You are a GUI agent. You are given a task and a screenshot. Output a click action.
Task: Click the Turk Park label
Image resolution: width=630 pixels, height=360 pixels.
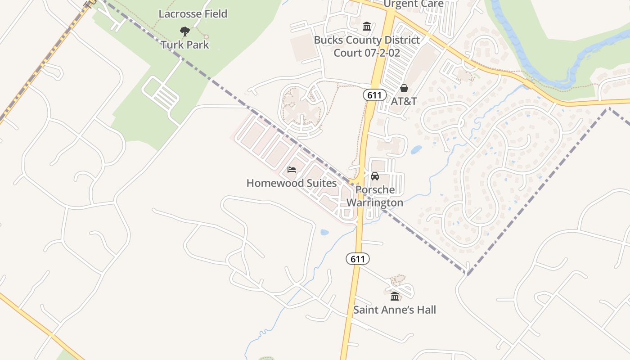point(185,45)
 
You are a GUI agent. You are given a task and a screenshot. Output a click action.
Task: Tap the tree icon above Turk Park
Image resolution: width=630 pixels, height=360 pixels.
point(184,31)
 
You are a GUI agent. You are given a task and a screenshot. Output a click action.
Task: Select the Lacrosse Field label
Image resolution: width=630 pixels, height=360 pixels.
point(193,13)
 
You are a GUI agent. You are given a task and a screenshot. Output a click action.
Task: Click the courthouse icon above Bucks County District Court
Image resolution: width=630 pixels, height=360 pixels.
point(367,26)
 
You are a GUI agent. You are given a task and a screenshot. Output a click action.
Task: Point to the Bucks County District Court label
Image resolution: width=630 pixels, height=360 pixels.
point(367,46)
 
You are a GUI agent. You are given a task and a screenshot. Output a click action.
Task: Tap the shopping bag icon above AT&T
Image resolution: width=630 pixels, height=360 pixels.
point(404,88)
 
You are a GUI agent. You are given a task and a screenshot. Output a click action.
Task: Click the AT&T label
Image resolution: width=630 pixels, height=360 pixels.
point(404,101)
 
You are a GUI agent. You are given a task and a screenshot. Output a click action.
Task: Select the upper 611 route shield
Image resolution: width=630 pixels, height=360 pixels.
point(374,95)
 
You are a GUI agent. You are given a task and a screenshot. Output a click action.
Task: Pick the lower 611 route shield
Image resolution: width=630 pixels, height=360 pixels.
point(358,259)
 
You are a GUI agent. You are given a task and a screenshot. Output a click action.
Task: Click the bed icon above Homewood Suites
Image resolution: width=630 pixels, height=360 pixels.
point(292,170)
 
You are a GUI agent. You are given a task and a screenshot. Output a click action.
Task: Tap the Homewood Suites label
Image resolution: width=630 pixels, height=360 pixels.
point(292,183)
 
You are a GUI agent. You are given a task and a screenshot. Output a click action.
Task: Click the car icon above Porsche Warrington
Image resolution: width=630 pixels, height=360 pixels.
point(375,176)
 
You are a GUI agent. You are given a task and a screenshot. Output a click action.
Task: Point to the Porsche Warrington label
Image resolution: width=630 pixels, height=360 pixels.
point(375,196)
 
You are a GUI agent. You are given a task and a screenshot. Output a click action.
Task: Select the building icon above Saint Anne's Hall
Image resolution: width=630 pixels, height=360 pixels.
point(395,296)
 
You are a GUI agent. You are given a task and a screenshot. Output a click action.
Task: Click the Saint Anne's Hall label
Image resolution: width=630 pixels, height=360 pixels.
point(395,310)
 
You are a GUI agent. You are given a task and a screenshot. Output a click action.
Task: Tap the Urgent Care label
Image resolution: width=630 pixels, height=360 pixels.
point(413,4)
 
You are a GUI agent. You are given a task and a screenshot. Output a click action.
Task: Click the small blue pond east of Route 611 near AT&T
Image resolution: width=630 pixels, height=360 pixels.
point(416,149)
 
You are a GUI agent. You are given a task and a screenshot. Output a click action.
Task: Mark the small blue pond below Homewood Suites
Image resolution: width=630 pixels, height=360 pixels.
point(324,233)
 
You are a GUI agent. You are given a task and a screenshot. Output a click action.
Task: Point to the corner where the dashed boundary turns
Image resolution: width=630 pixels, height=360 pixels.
point(467,273)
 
